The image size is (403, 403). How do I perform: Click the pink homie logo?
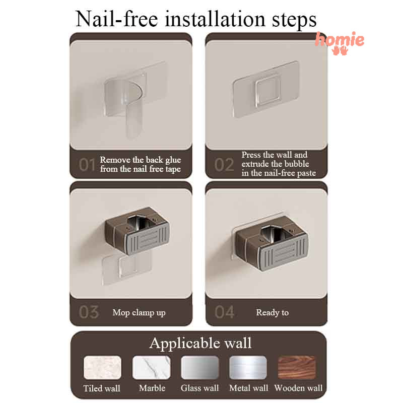340,43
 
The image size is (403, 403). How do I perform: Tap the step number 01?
87,165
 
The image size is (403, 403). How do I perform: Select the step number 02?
224,165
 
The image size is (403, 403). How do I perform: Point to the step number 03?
89,312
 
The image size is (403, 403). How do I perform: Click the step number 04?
224,312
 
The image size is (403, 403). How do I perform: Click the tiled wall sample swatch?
102,368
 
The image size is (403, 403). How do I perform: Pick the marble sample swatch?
152,368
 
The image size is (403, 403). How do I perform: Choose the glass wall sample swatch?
199,368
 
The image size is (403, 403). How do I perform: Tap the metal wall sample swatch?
248,368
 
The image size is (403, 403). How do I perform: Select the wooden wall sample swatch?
297,368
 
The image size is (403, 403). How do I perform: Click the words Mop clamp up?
139,313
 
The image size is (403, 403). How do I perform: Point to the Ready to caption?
272,312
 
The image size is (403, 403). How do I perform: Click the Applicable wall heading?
200,344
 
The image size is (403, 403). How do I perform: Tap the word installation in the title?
215,19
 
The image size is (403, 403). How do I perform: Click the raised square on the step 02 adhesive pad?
267,91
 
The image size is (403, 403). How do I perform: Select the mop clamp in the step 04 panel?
272,243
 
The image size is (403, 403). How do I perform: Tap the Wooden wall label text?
298,388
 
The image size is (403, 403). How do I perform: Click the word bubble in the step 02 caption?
296,164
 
